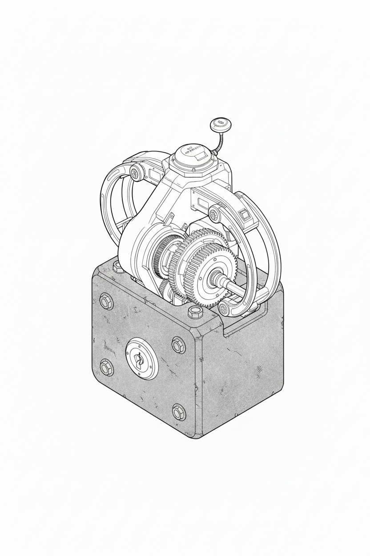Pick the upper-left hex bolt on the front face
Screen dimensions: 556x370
pyautogui.click(x=106, y=302)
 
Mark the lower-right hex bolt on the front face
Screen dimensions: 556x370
pyautogui.click(x=178, y=412)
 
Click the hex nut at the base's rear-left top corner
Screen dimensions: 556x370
pyautogui.click(x=118, y=267)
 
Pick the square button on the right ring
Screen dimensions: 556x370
pyautogui.click(x=244, y=216)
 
